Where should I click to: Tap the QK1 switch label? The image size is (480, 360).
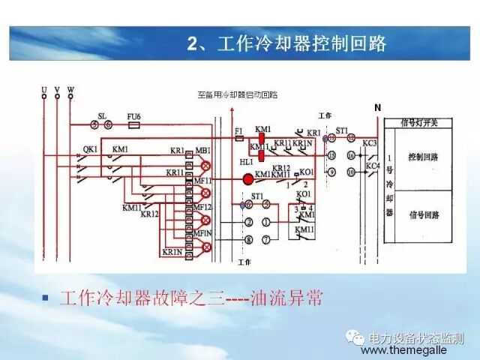[x=90, y=148]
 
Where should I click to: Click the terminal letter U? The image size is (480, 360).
[x=44, y=90]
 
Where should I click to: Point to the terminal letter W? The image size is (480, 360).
[x=70, y=90]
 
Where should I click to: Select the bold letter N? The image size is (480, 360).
[x=377, y=107]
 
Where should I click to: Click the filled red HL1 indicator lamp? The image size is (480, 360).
[x=247, y=178]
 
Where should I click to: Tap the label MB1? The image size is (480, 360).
[x=202, y=151]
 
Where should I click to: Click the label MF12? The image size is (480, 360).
[x=202, y=206]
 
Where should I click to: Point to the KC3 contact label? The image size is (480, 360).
[x=370, y=142]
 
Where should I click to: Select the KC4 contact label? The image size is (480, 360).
[x=373, y=165]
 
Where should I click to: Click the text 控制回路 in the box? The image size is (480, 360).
[x=423, y=158]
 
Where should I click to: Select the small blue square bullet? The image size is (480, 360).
[x=46, y=298]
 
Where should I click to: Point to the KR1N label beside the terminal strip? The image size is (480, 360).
[x=171, y=252]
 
